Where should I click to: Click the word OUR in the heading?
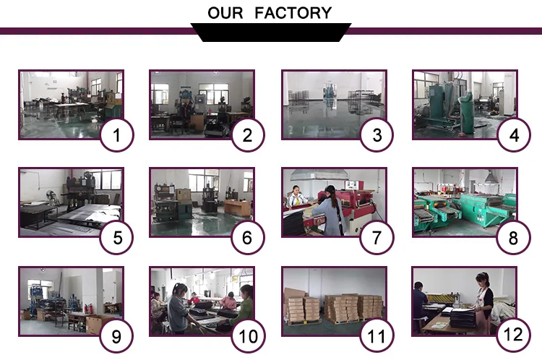[x=225, y=13]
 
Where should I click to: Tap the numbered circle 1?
[x=116, y=134]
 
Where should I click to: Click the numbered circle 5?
[x=116, y=236]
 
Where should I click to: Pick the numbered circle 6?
[x=247, y=236]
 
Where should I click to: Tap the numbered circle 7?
[x=377, y=236]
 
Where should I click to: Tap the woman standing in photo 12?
[x=482, y=300]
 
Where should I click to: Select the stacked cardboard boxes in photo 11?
[x=340, y=307]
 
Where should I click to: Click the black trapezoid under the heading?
[x=270, y=33]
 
